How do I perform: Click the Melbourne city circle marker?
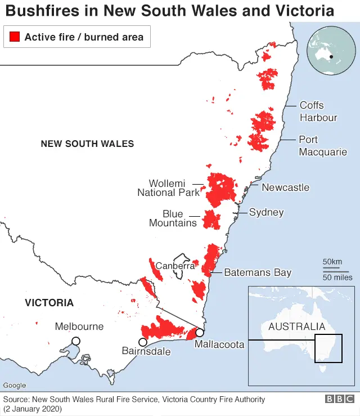point(75,341)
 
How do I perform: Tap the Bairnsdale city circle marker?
point(143,342)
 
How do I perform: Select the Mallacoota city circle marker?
point(199,332)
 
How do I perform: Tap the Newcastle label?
point(285,187)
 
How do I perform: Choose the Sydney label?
point(266,212)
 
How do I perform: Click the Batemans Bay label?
point(258,272)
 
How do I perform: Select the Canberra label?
point(175,266)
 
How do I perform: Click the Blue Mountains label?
point(173,218)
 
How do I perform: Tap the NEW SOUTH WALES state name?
point(87,144)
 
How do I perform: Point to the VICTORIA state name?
point(49,303)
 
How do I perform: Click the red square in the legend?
point(15,38)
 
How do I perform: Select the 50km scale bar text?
point(332,262)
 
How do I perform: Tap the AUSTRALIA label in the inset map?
point(296,326)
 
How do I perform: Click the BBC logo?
point(339,399)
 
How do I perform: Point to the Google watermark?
point(15,386)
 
